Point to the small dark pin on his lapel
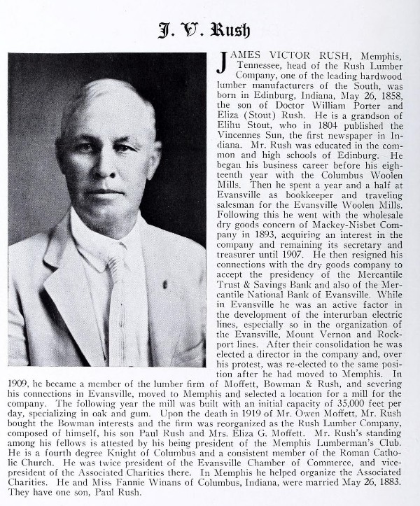coord(165,286)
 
